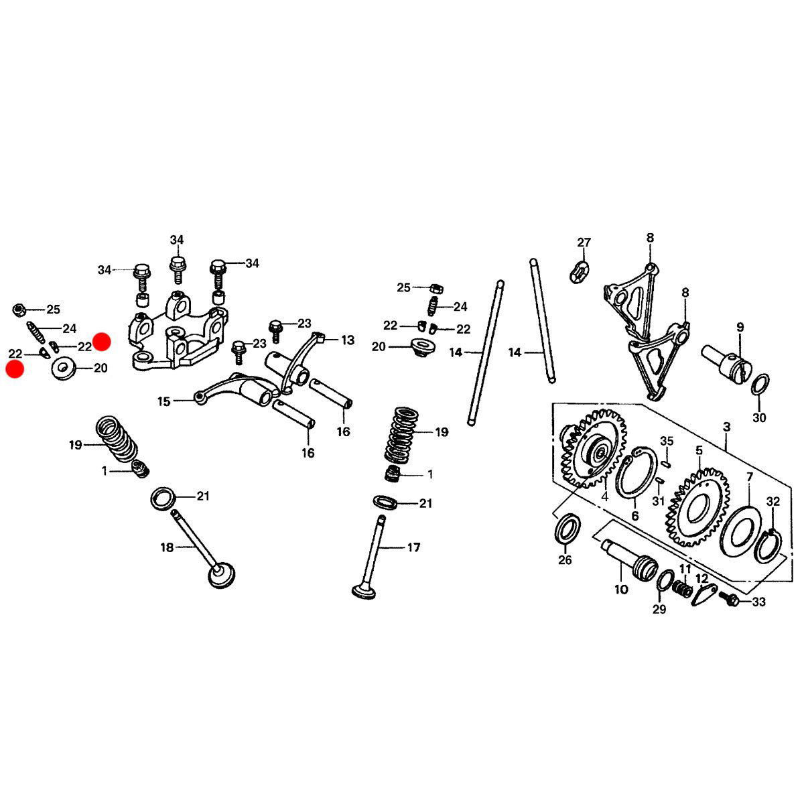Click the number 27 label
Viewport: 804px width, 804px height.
point(584,243)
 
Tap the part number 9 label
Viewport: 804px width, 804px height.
point(740,327)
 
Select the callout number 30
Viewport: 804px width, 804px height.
point(759,417)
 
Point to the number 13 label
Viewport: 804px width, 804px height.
point(348,340)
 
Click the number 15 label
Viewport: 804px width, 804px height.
point(164,401)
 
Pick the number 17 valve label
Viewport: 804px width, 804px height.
point(413,547)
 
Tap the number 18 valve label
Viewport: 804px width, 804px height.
point(167,547)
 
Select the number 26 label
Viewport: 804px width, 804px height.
point(565,560)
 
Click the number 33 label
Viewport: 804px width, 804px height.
point(759,602)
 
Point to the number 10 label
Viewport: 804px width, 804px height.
point(621,590)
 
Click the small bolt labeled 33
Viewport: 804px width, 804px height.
point(730,600)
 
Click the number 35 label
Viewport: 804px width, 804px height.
point(667,441)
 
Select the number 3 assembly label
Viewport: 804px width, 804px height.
point(727,427)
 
